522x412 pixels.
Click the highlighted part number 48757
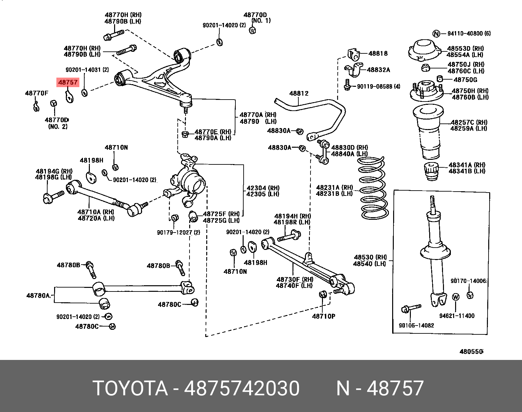[x=68, y=83]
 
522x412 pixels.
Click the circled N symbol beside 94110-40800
[x=436, y=33]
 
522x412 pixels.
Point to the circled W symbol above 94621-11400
[x=456, y=297]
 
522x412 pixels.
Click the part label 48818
[x=378, y=53]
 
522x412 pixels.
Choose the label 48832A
[x=378, y=70]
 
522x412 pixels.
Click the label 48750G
[x=465, y=80]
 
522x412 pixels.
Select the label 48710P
[x=324, y=316]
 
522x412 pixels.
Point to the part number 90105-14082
[x=416, y=326]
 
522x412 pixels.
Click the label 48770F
[x=36, y=93]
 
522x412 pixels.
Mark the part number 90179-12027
[x=178, y=233]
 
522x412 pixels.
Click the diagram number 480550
[x=471, y=352]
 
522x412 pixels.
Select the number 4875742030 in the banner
[x=242, y=388]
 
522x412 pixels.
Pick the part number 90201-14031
[x=87, y=70]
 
